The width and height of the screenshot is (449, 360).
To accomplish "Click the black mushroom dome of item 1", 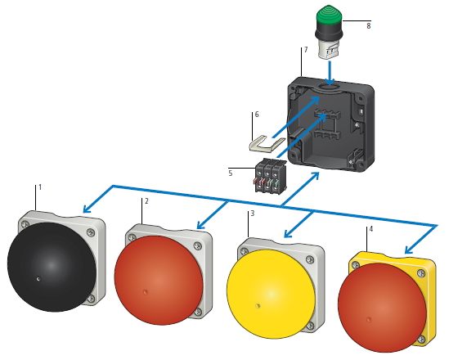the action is tap(52, 267).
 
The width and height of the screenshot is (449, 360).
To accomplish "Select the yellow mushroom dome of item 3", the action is tap(271, 294).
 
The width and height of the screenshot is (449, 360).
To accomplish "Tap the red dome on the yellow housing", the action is tap(382, 308).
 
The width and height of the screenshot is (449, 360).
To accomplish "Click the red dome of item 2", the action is tap(159, 281).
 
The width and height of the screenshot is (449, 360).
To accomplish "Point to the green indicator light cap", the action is tap(329, 15).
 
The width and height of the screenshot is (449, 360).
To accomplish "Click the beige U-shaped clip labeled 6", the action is tap(267, 144).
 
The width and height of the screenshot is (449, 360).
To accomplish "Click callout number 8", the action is tap(369, 26).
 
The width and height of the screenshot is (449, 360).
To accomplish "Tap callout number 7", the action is tap(306, 50).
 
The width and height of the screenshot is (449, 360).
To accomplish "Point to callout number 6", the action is tap(257, 115).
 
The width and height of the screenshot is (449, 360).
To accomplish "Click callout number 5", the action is tap(231, 173).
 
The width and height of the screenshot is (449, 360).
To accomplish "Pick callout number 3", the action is tap(252, 214).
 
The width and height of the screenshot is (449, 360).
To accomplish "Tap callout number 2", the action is tap(146, 201).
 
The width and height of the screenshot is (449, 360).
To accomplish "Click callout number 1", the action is tap(40, 187).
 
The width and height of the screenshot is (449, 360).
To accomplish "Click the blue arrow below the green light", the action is tap(330, 73).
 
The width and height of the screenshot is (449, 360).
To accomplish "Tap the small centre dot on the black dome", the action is tap(38, 279).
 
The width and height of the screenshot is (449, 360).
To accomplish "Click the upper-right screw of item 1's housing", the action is tap(91, 232).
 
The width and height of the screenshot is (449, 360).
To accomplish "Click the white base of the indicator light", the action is tap(328, 51).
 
